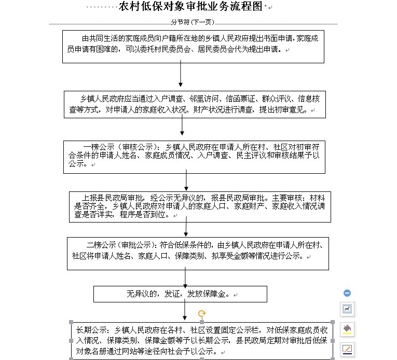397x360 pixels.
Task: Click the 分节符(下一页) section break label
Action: pos(192,23)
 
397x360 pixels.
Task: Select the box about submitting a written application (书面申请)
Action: pos(193,46)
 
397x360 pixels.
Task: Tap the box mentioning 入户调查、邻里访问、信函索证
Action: pos(195,104)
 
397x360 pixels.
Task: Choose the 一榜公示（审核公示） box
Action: pos(194,156)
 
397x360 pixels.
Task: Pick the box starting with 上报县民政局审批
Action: pos(199,206)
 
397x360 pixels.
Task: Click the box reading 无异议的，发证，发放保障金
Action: pos(181,294)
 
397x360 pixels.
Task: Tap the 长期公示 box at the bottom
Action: pos(201,340)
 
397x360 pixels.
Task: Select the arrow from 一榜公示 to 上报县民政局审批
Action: pos(187,182)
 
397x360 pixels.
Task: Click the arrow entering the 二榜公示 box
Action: pos(186,227)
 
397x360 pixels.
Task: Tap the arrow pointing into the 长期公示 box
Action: pos(185,310)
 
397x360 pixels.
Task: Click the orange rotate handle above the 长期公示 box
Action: pos(202,313)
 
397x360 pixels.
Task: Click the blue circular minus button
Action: pos(347,293)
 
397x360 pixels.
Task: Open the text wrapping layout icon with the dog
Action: pos(347,309)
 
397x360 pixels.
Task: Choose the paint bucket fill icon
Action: pos(347,329)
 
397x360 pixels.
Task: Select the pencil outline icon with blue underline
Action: pos(347,349)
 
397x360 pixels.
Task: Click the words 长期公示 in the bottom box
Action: pos(91,330)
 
